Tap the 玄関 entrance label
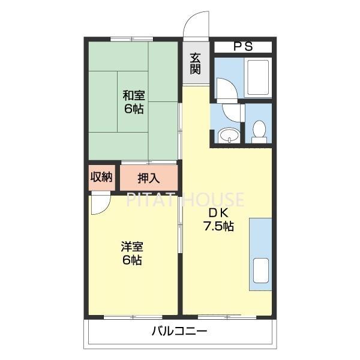[196, 63]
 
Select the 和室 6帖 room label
[133, 101]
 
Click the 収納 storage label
[101, 177]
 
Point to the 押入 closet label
[148, 178]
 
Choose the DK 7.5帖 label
[218, 220]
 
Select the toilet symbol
[259, 131]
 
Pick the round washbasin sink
[228, 136]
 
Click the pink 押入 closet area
[149, 178]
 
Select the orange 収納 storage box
[101, 178]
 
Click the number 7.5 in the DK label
[218, 227]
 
